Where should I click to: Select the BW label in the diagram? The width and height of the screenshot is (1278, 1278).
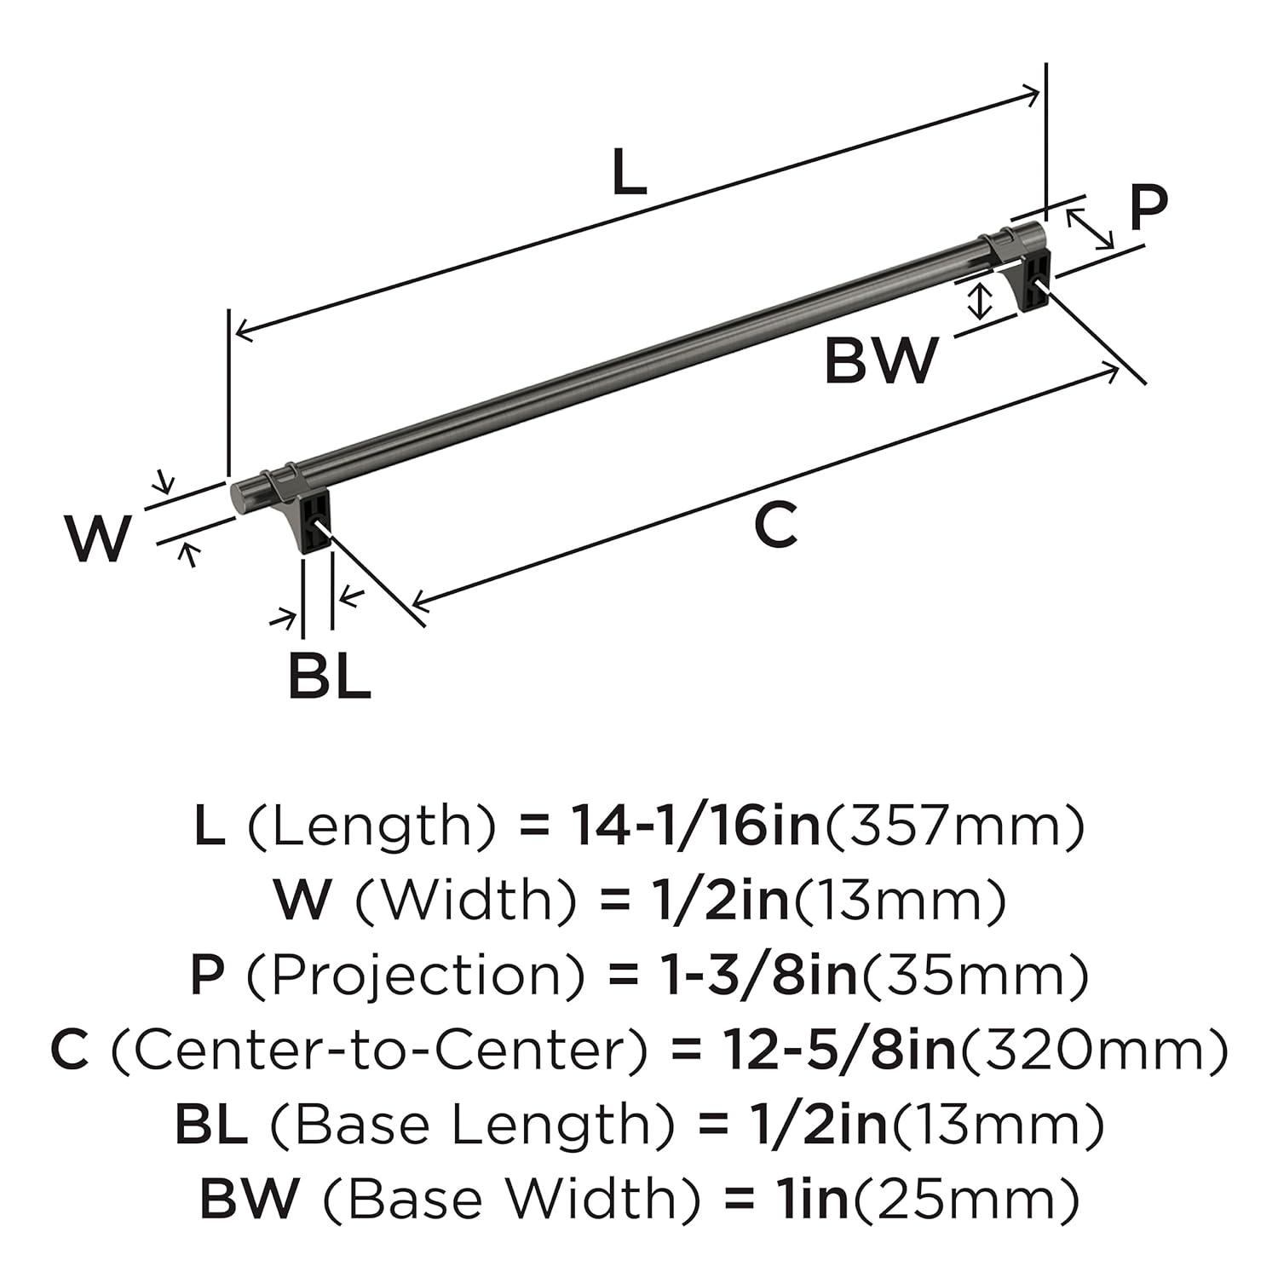coord(881,360)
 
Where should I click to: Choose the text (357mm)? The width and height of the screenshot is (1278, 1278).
coord(953,826)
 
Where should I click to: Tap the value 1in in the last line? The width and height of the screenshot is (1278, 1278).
coord(809,1200)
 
